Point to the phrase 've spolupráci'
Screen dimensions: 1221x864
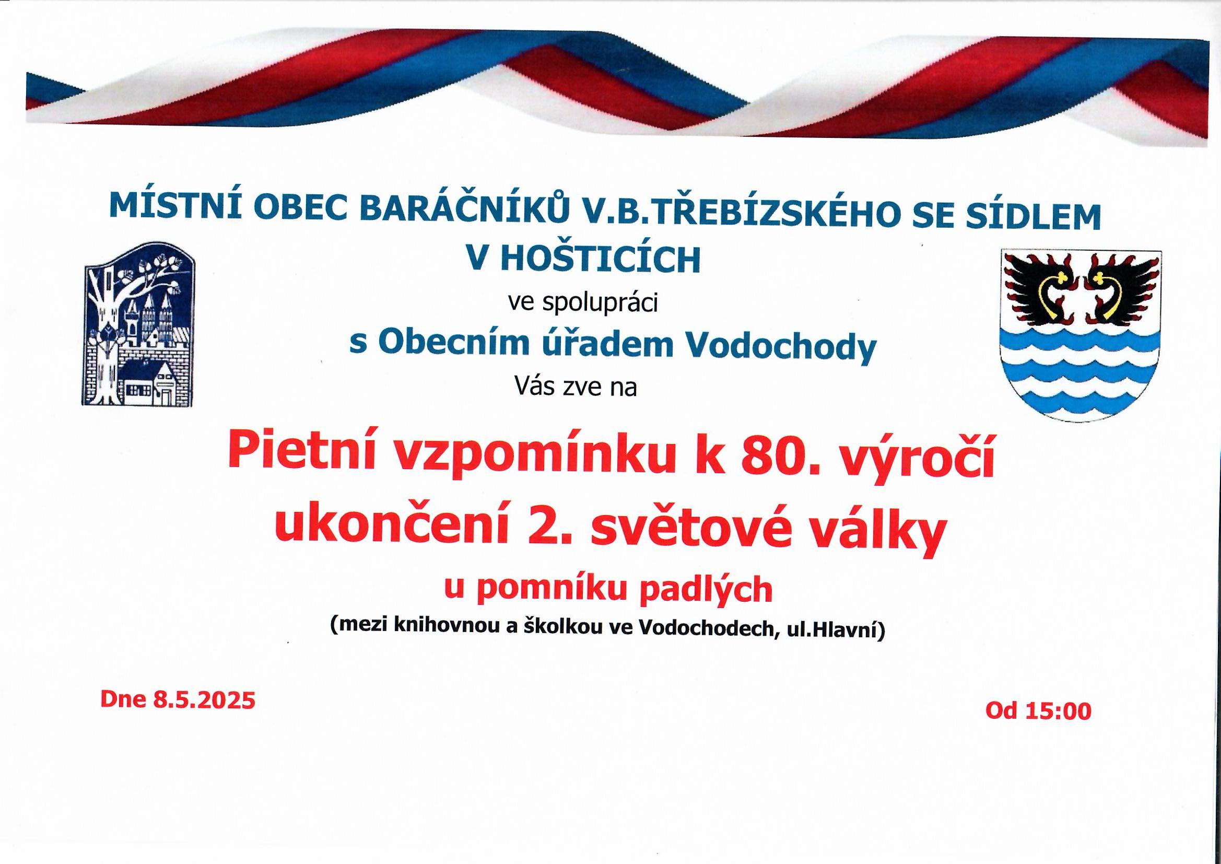[583, 303]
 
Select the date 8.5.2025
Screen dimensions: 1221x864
[204, 699]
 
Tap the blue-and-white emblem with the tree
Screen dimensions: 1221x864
[138, 325]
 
